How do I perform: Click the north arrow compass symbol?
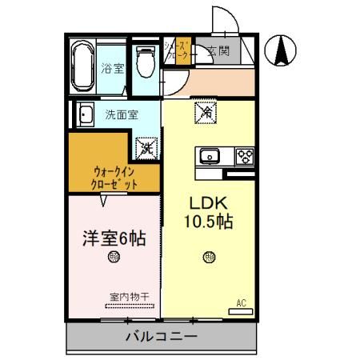tap(282, 52)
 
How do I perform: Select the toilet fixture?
tap(145, 60)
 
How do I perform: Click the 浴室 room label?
tap(113, 69)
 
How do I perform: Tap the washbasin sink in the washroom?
tap(84, 114)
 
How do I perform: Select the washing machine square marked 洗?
tap(146, 146)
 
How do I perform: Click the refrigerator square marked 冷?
tap(204, 113)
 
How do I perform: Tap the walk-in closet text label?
tap(115, 177)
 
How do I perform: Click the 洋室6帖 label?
tap(114, 238)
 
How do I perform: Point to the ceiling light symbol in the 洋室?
tap(114, 258)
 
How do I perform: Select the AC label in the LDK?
tap(239, 302)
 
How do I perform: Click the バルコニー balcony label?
tap(160, 336)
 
